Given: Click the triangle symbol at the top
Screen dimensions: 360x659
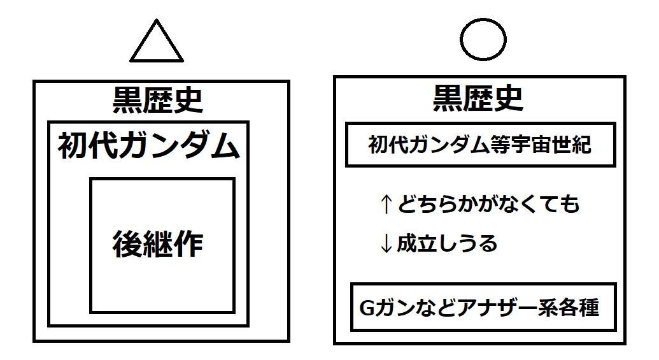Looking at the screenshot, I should click(x=157, y=44).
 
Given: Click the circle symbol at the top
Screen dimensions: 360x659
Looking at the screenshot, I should click(x=483, y=40).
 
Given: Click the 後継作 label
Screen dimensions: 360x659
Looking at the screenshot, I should click(x=159, y=244).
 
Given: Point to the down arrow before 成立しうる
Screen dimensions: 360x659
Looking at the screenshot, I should click(x=386, y=244).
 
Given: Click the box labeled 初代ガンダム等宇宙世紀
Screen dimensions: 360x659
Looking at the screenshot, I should click(x=480, y=145).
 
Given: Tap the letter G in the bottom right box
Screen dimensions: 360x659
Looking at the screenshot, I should click(x=367, y=308).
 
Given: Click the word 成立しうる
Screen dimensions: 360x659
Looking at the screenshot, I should click(x=447, y=244).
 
